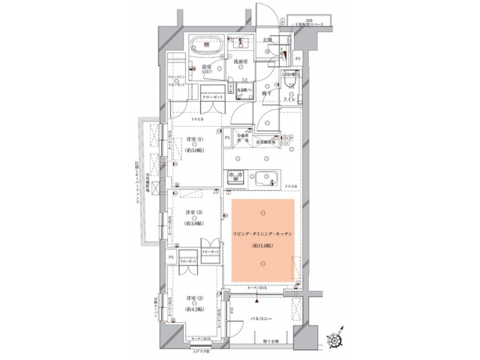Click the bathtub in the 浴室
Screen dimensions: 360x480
coord(207,46)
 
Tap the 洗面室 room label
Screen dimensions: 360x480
coord(241,63)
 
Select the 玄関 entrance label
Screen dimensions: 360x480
coord(267,41)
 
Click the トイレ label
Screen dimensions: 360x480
coord(291,99)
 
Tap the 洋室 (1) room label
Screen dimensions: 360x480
coord(195,141)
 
